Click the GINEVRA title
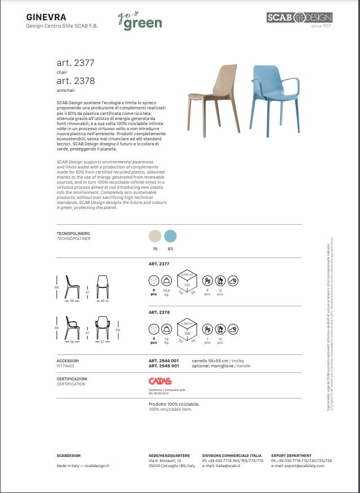[46, 17]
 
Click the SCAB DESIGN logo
[299, 17]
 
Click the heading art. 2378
[75, 81]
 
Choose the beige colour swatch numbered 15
[154, 236]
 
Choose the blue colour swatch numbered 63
[170, 236]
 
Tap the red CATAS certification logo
[159, 381]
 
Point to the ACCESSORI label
[68, 361]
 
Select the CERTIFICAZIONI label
[72, 379]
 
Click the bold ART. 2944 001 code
[164, 361]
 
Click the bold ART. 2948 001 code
[164, 366]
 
